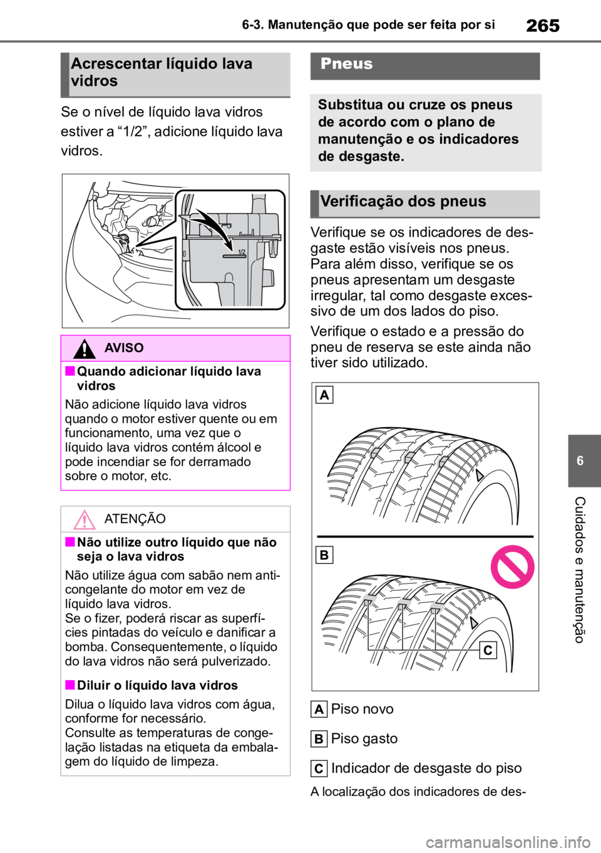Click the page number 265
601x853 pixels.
543,26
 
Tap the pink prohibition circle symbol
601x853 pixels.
512,567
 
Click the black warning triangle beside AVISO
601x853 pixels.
84,348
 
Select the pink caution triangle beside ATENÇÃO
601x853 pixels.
84,519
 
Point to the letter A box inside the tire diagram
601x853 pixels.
324,395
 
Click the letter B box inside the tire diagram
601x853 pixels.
324,555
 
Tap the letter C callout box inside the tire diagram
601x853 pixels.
488,650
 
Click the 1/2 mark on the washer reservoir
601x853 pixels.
242,252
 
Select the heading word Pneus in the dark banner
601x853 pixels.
346,64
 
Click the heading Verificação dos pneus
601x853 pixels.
403,201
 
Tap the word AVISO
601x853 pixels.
124,348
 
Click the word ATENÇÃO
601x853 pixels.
135,519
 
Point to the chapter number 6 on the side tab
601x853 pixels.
580,461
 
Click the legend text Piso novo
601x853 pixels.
362,709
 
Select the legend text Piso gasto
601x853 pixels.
364,739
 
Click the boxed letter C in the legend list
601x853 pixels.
319,768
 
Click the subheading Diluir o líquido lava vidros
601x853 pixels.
157,685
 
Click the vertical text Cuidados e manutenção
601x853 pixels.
579,570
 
